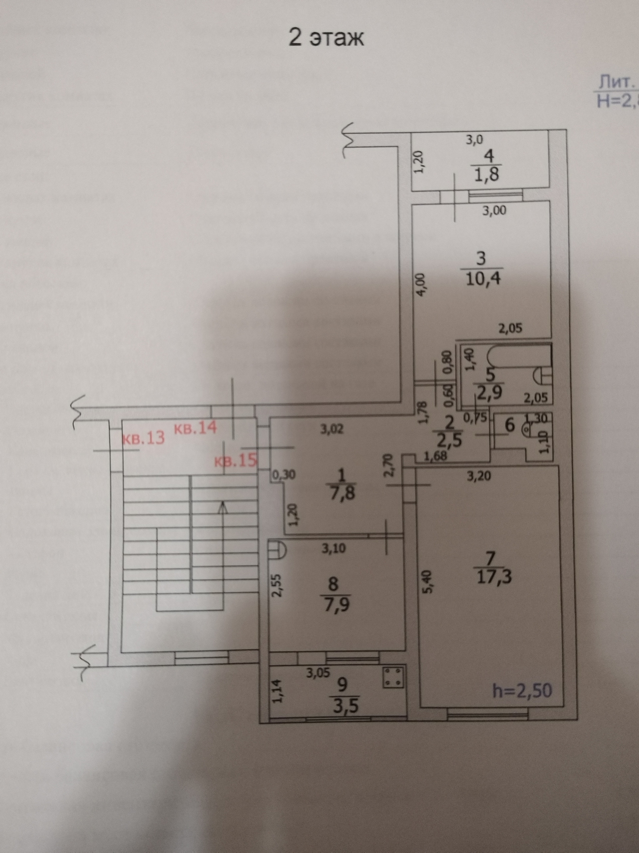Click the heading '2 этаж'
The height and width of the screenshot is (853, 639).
click(x=326, y=39)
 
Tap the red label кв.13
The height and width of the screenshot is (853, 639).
click(x=143, y=438)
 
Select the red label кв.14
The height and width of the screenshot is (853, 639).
click(x=196, y=428)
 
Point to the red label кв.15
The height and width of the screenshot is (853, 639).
click(x=235, y=461)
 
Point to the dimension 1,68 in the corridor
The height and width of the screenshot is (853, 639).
click(x=435, y=456)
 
